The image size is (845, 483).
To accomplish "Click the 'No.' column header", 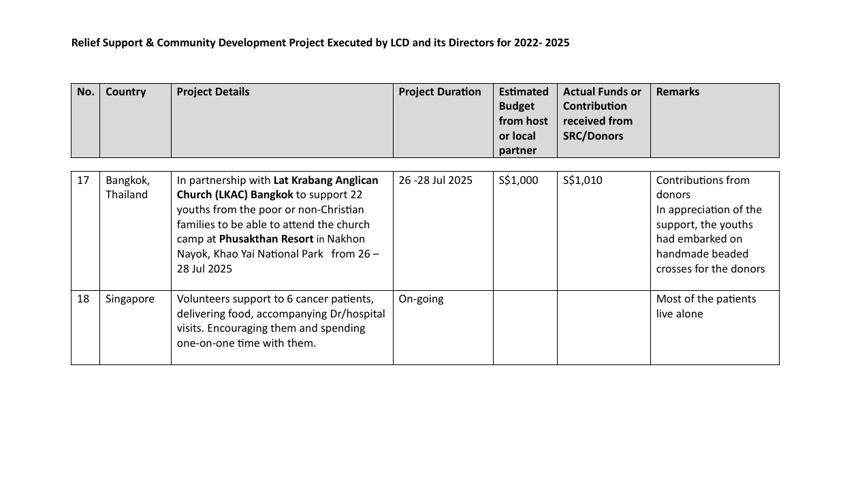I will point(86,92).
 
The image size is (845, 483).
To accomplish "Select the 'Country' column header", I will point(126,92).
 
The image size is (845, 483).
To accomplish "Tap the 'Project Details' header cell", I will point(213,92).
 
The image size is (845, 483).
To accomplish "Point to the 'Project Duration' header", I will point(440,92).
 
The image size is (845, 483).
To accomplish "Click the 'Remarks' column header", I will point(677,92).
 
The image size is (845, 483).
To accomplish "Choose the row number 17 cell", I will point(83,181).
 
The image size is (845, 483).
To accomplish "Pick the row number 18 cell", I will point(83,299).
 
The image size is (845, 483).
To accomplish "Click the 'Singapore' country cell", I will point(130,299).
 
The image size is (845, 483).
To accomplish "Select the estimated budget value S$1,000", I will point(518,181).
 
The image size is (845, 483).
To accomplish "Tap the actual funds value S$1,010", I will point(583,181).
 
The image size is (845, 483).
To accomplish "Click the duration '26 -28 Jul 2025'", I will point(435,181).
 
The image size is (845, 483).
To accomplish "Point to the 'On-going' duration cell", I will point(421,299).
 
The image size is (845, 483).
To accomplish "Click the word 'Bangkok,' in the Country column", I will point(128,181).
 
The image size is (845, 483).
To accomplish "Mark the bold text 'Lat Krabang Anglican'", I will point(325,181).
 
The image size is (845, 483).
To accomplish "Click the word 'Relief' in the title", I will point(86,43).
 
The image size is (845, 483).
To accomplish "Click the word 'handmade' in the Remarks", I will point(682,254).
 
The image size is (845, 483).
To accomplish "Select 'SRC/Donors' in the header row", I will point(593,136).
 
